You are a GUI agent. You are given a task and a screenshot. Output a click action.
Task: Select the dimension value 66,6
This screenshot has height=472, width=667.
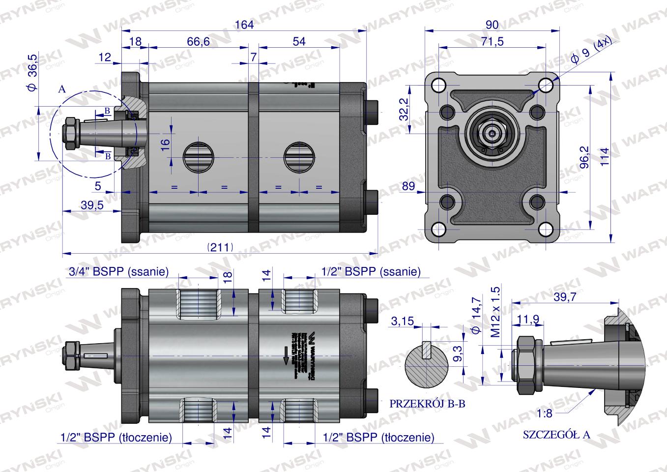(x=198, y=42)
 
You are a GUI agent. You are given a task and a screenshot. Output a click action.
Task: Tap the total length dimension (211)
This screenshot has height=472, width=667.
(x=220, y=247)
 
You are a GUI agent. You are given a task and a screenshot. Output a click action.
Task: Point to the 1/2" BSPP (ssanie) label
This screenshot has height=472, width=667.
(x=371, y=271)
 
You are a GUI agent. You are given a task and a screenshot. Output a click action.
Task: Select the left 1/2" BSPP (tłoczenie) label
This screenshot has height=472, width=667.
(x=116, y=437)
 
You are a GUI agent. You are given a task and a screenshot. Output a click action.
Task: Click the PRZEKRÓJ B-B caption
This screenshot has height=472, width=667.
(x=428, y=404)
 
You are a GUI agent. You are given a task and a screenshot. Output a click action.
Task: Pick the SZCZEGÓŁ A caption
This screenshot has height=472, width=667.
(x=556, y=435)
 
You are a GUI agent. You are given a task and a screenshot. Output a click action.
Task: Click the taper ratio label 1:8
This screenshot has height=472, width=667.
(x=545, y=413)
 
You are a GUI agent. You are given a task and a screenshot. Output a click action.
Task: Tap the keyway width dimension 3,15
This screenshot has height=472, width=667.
(x=402, y=322)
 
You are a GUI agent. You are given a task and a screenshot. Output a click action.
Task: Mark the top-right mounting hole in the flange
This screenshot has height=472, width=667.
(x=545, y=87)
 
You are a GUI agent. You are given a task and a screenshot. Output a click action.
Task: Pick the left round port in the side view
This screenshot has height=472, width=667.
(x=198, y=157)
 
